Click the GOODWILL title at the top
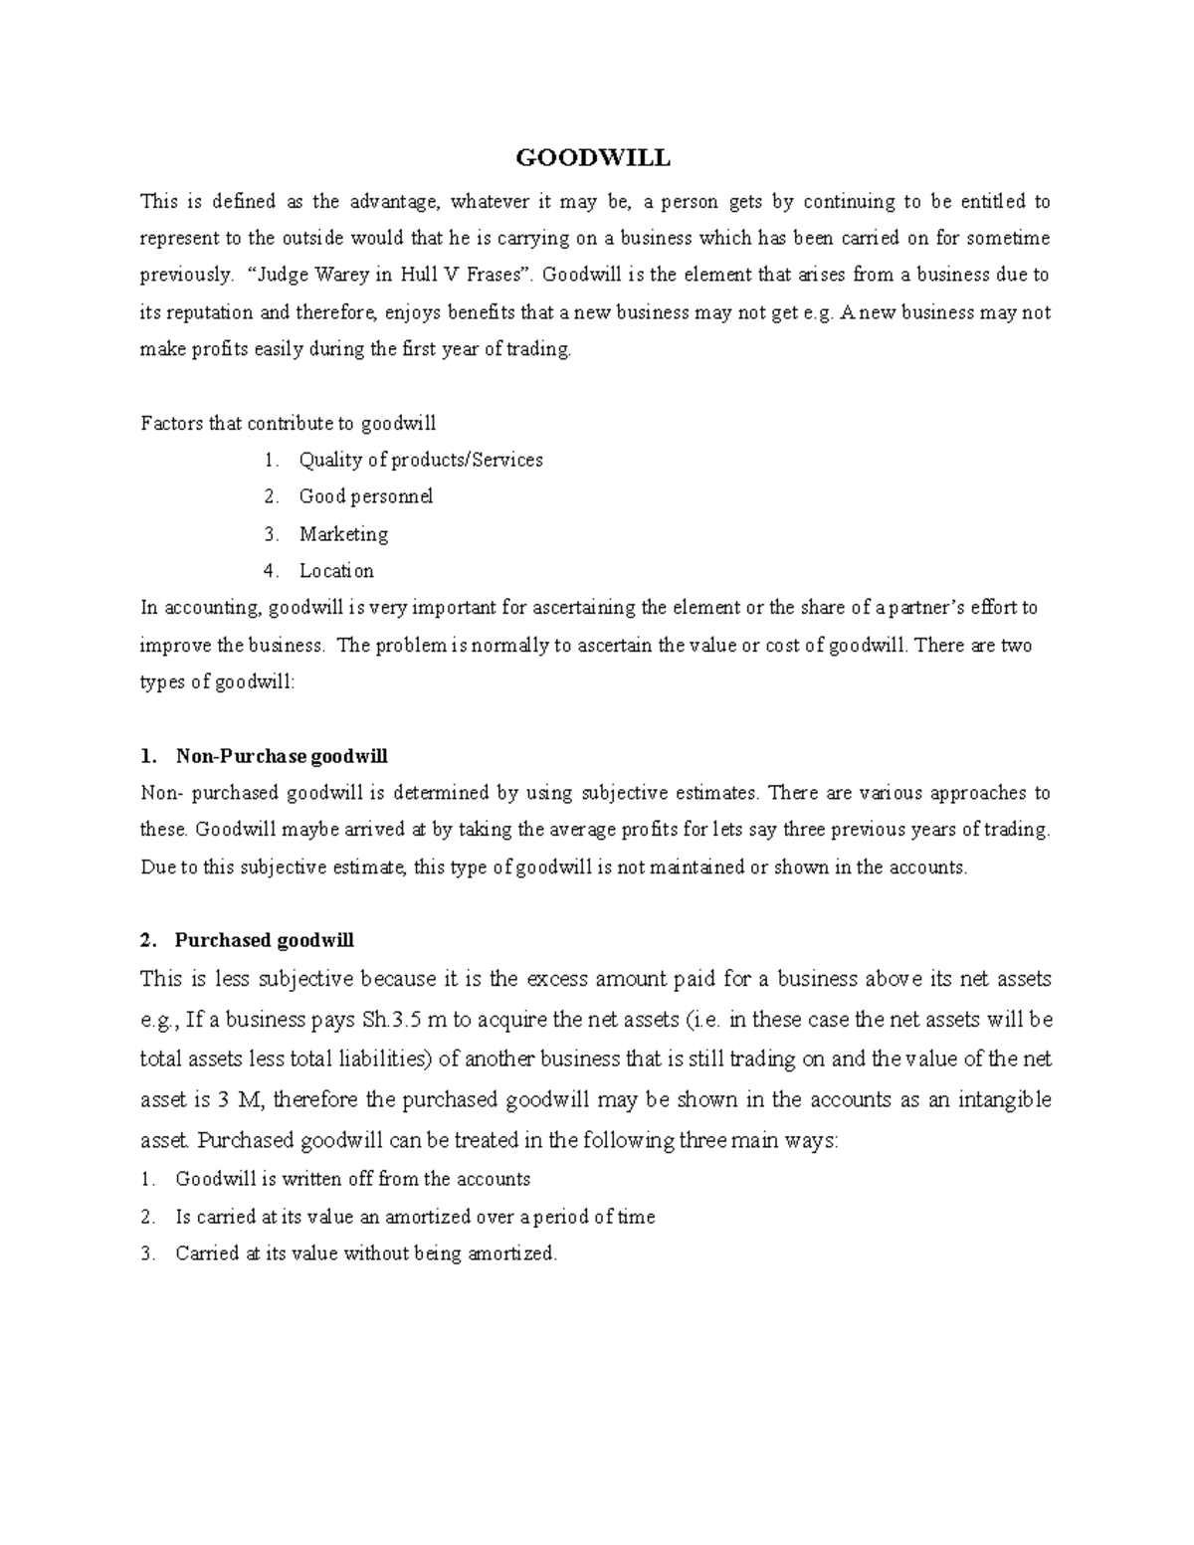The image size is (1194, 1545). (x=592, y=158)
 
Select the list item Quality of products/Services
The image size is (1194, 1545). (x=420, y=460)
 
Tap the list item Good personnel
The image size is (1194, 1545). (x=365, y=496)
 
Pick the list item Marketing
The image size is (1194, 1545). (x=343, y=534)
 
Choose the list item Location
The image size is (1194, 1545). (x=336, y=571)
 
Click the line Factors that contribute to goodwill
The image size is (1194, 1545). (x=289, y=424)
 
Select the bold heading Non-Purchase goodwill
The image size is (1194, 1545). (x=282, y=756)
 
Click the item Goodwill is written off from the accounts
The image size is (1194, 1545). (x=352, y=1179)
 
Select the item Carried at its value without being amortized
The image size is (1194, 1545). (x=366, y=1254)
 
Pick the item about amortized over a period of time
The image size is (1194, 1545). (x=415, y=1217)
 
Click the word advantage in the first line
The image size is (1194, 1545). (x=393, y=202)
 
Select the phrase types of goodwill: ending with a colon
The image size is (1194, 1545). (x=218, y=682)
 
